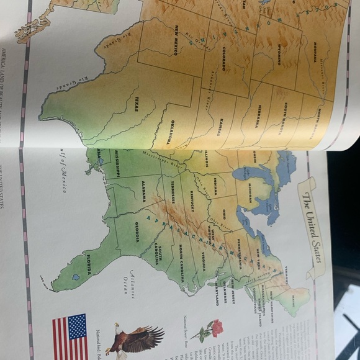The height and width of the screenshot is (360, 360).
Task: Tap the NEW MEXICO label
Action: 176,40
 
